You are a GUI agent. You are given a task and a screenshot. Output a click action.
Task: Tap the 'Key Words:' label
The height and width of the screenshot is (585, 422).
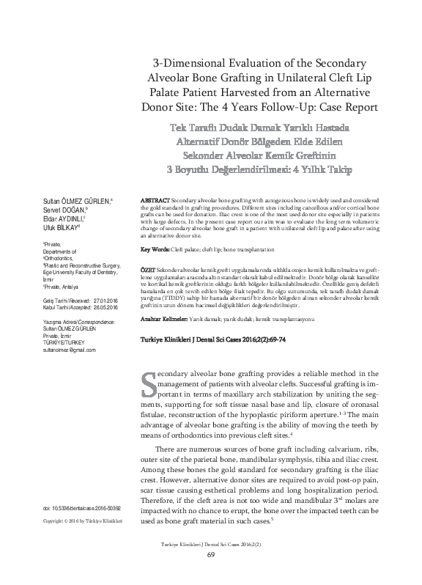pyautogui.click(x=155, y=250)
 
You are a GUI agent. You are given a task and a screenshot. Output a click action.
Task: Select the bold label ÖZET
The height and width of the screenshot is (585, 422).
pyautogui.click(x=147, y=271)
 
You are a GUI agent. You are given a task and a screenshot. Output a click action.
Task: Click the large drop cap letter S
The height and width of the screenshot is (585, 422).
pyautogui.click(x=147, y=384)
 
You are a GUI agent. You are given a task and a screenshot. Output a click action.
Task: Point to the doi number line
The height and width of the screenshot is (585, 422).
pyautogui.click(x=82, y=507)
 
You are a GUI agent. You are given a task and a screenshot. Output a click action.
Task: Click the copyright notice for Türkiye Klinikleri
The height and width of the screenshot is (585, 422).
pyautogui.click(x=82, y=520)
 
